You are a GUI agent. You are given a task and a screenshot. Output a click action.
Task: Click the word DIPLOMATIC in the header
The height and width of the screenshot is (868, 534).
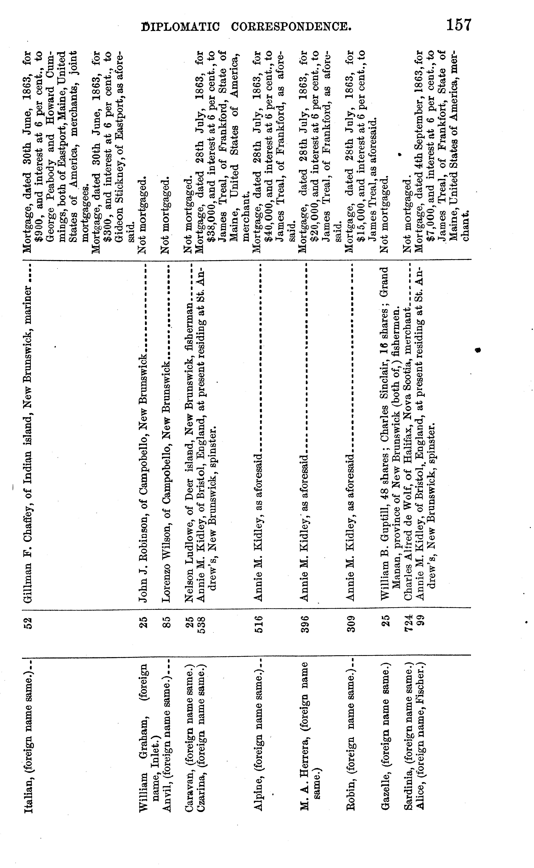click(180, 27)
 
